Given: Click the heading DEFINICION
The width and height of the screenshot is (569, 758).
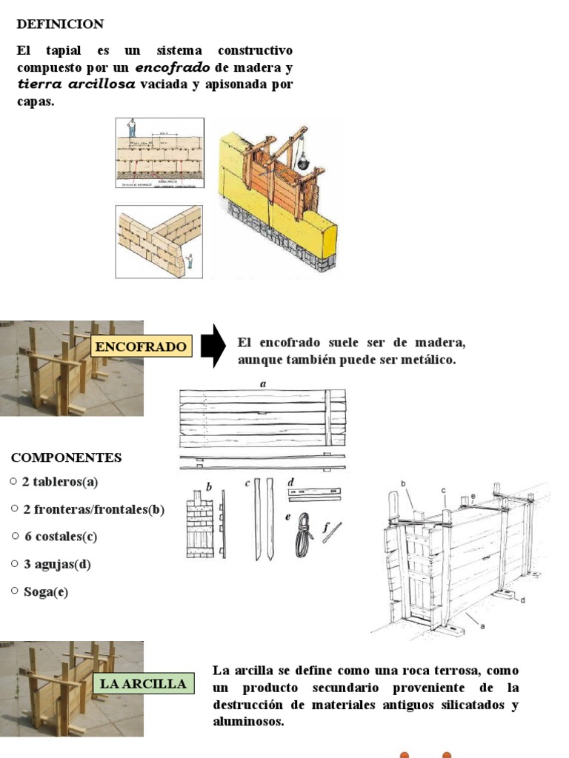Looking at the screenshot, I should (60, 24).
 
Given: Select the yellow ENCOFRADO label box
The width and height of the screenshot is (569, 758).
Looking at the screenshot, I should (141, 346).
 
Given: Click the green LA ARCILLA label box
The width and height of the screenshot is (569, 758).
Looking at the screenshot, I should (143, 683).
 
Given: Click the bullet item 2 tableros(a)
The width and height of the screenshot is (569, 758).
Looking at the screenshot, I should (60, 482).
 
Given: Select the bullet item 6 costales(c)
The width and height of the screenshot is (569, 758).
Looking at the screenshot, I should (60, 537).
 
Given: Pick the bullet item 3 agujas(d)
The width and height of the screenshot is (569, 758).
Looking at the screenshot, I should (57, 564).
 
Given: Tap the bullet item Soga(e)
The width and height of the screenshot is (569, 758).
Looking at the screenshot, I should (45, 592).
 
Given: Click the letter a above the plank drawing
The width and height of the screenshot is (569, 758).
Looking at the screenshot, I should (262, 383).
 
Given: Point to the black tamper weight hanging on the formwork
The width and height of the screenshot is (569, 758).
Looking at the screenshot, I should (303, 161).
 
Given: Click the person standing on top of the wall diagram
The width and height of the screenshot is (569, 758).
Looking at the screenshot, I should (132, 128).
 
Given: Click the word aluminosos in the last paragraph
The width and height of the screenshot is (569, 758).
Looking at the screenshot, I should (248, 721).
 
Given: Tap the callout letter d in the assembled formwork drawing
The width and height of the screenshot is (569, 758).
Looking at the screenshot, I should (522, 600).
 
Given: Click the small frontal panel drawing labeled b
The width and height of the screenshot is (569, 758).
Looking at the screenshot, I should (200, 524).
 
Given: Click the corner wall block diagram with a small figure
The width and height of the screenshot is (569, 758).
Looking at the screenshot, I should (159, 241).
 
